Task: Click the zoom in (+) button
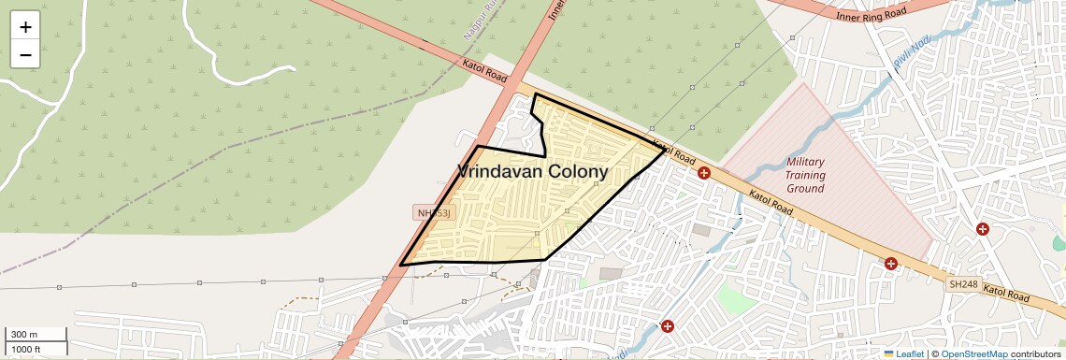(x=25, y=26)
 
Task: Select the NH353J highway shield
(x=434, y=213)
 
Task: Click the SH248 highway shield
(x=962, y=283)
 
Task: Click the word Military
(x=805, y=162)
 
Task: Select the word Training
(x=805, y=175)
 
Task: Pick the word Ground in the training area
(x=805, y=188)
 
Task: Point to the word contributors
(x=1036, y=354)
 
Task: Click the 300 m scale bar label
(x=24, y=335)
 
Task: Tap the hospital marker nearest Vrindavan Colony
(x=704, y=172)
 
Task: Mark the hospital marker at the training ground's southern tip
(x=891, y=265)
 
